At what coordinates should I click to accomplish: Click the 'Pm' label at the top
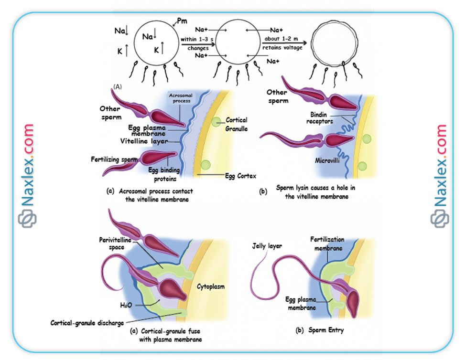[182, 21]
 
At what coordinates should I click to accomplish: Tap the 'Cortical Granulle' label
[237, 125]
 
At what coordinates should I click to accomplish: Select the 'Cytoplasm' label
[211, 286]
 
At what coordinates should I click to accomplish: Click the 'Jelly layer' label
[267, 246]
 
